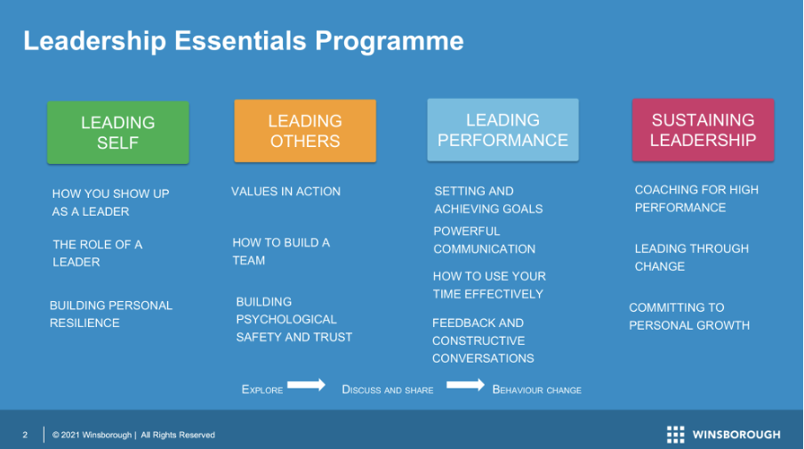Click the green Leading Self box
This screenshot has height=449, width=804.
pos(118,133)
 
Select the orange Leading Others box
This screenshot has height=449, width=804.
pos(305,131)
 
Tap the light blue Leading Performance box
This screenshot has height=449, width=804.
pos(503,130)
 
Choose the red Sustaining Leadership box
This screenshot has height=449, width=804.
pos(703,130)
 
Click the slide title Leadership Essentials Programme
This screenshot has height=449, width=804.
pos(244,41)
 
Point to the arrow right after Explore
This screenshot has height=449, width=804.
pos(306,385)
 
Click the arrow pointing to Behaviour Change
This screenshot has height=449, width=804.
pos(465,385)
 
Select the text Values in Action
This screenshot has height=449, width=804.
pos(285,192)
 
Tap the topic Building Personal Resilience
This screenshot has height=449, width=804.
pos(111,314)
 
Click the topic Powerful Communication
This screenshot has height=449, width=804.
pos(484,240)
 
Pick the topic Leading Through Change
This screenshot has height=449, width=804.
pos(692,257)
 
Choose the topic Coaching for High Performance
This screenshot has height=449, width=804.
pos(696,199)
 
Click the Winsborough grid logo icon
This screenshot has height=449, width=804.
pos(675,434)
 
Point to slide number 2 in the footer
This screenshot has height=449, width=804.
pos(25,435)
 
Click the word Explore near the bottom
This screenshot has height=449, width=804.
pos(262,389)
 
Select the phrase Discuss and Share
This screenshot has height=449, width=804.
pos(388,390)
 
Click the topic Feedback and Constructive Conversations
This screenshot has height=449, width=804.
pos(483,340)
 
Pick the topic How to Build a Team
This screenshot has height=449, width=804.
pos(281,252)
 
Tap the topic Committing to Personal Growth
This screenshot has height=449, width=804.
pos(689,316)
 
